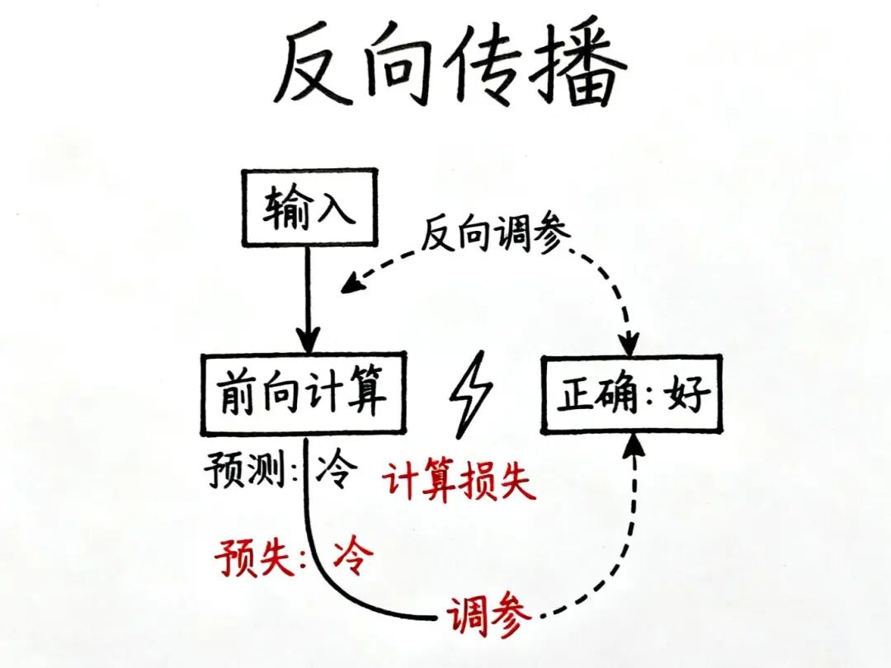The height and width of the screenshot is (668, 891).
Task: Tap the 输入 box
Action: [x=309, y=207]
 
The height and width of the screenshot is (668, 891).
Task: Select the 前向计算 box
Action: [x=303, y=394]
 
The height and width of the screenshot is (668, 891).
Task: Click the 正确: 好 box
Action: [x=631, y=395]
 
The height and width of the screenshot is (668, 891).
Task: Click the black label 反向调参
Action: [x=495, y=236]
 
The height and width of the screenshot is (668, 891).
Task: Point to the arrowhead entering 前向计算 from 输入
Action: [x=309, y=340]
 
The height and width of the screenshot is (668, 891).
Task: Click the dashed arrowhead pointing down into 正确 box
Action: [x=631, y=342]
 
